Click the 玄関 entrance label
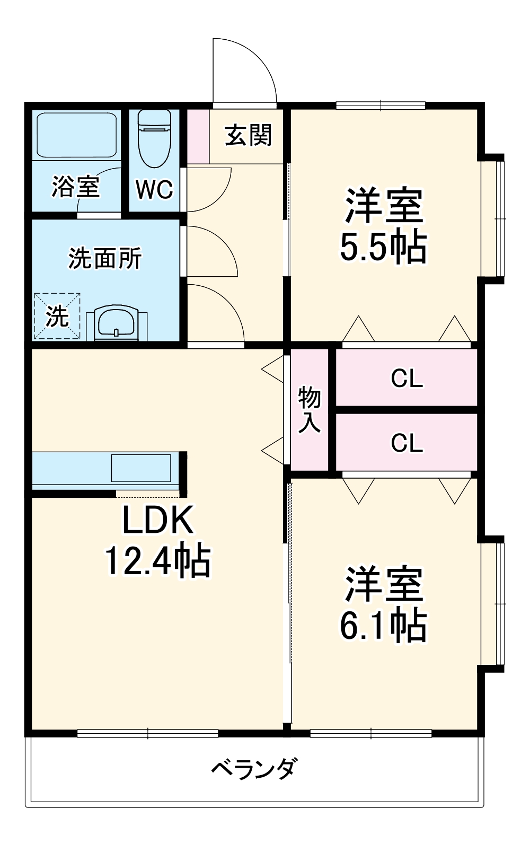248,136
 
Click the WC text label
154,189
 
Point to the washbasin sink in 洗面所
117,322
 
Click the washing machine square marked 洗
57,317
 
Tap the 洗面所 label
105,258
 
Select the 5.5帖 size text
383,247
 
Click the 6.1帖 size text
383,626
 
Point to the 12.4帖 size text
158,561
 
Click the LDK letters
158,520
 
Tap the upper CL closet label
407,379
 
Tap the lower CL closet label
407,443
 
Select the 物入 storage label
310,409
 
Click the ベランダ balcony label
254,768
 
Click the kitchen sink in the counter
141,468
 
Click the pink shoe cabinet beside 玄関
198,136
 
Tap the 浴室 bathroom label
75,187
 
